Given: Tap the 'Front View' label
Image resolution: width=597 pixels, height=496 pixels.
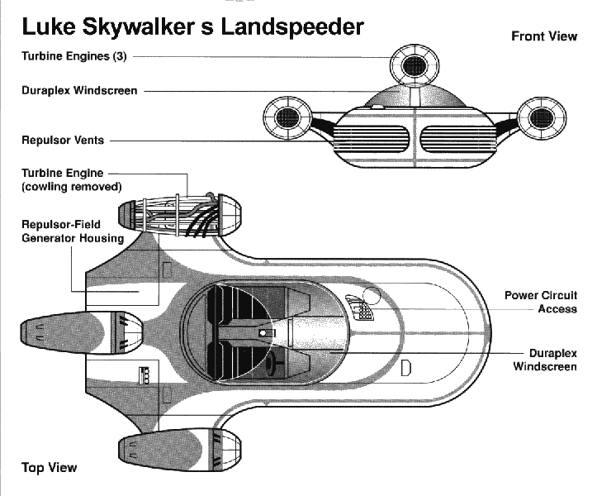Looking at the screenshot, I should (x=543, y=36).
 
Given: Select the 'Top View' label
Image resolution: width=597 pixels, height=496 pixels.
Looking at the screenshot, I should (x=49, y=468).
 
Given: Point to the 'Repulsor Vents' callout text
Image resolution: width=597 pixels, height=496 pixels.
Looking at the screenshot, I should (x=63, y=141).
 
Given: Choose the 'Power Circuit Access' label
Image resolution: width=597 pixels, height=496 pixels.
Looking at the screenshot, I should (x=541, y=302).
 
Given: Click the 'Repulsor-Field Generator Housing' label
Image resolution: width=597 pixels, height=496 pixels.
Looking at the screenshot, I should (x=72, y=231).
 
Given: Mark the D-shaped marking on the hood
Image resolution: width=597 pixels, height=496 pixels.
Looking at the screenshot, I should (x=405, y=368).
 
